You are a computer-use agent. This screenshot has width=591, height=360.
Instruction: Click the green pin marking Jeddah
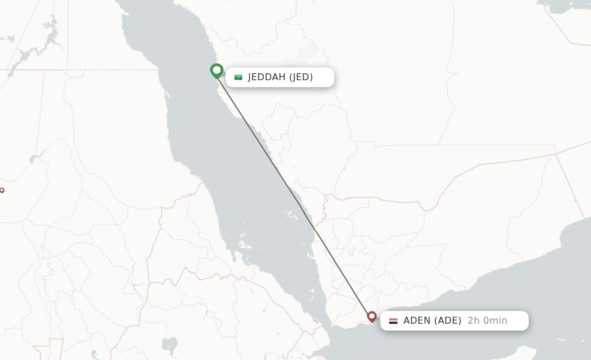(216, 70)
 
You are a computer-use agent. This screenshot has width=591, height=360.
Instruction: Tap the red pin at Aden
(372, 317)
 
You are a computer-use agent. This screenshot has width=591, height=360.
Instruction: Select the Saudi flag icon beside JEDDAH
(238, 77)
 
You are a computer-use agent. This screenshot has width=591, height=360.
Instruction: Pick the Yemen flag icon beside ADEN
(393, 321)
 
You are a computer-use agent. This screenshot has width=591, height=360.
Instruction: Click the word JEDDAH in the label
(267, 77)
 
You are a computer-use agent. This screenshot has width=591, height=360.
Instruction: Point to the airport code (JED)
(301, 77)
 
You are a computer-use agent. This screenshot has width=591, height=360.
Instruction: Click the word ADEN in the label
(417, 321)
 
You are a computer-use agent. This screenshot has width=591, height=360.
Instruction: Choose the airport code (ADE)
(448, 321)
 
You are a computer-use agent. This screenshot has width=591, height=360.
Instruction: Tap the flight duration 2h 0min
(487, 321)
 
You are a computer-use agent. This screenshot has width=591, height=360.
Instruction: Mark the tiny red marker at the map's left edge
(2, 190)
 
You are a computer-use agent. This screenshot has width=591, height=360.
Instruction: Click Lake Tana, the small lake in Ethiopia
(169, 345)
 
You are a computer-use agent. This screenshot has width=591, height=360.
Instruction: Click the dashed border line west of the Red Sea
(115, 70)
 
